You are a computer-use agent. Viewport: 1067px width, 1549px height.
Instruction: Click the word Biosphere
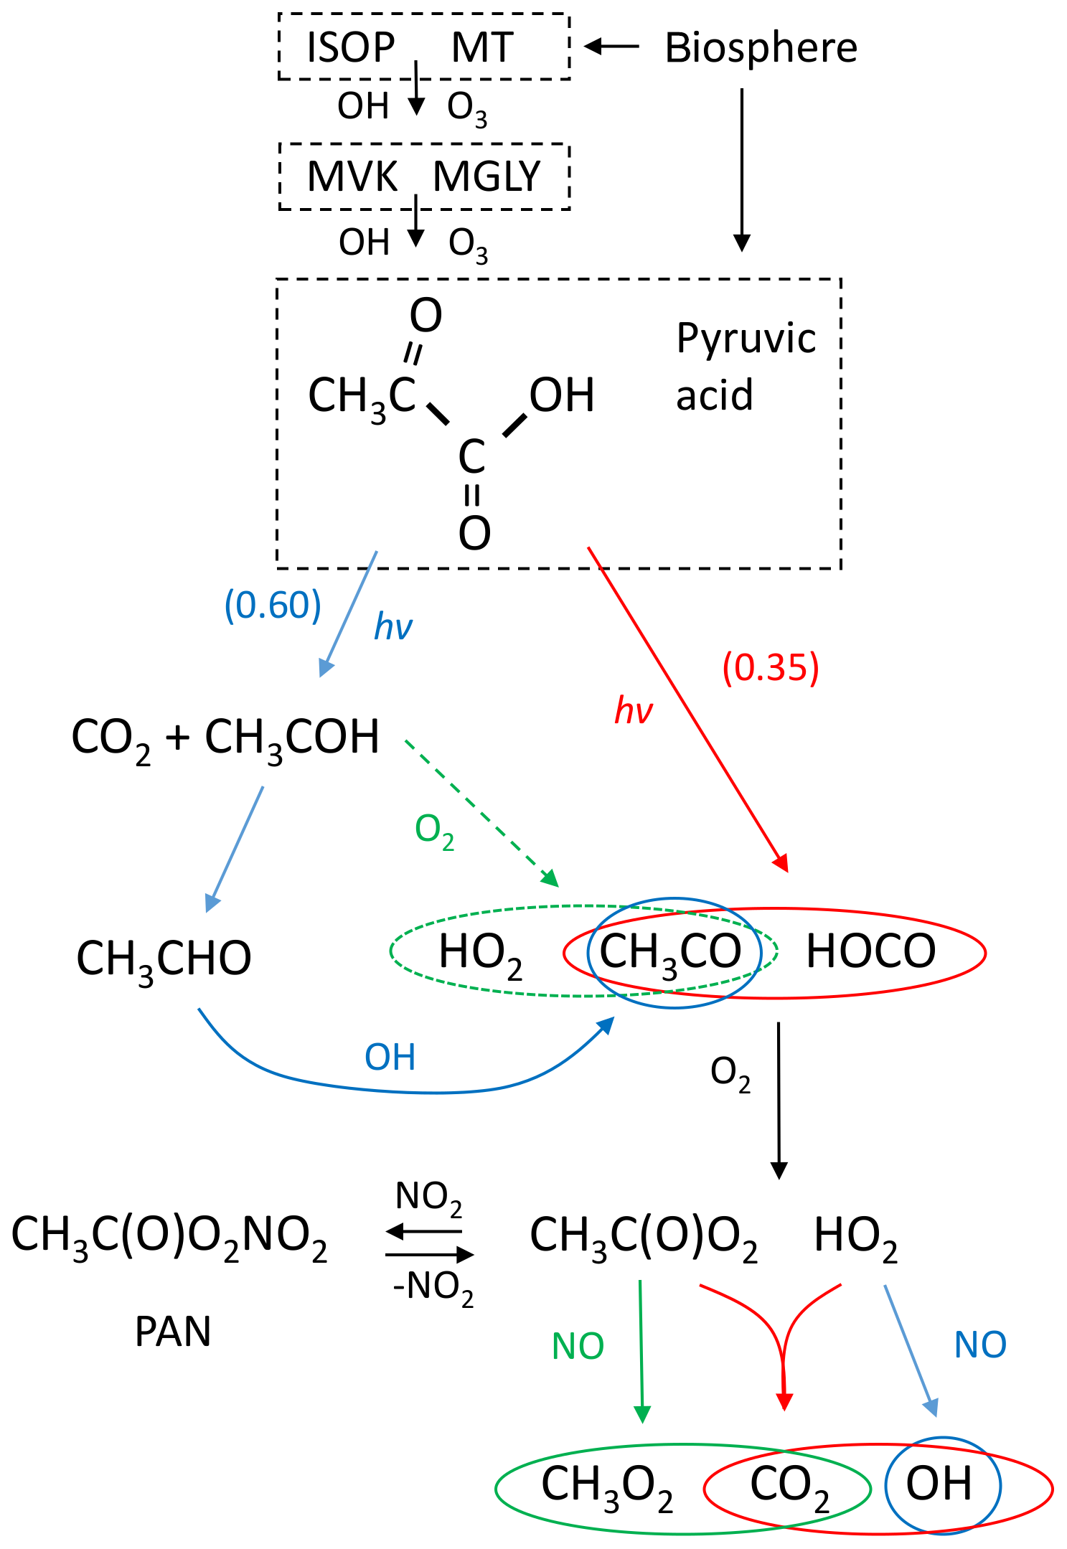coord(761,48)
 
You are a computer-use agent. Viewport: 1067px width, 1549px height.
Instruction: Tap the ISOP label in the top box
coord(351,48)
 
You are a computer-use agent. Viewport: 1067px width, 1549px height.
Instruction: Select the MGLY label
coord(487,176)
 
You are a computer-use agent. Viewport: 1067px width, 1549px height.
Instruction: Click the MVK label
coord(352,176)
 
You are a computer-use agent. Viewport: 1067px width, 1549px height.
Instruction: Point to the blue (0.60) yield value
coord(273,606)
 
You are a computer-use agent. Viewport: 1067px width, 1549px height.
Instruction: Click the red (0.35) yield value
coord(771,667)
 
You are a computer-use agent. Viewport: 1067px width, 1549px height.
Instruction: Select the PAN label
coord(173,1332)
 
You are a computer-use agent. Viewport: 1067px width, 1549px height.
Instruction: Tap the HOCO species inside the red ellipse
coord(870,951)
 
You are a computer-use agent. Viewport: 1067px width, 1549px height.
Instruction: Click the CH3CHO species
coord(164,959)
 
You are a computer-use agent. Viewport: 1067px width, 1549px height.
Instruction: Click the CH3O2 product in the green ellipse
coord(607,1484)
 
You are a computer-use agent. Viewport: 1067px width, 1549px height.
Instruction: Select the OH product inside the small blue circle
coord(939,1484)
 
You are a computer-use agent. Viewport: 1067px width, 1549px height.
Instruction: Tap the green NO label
coord(578,1347)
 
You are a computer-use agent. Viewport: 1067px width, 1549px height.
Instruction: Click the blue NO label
coord(980,1345)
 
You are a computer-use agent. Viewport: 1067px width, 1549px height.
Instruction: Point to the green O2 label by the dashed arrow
coord(435,830)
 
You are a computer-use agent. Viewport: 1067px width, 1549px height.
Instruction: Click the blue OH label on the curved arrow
coord(390,1057)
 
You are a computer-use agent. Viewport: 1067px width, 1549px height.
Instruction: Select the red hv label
coord(634,711)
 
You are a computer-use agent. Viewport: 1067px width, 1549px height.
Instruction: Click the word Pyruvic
coord(746,339)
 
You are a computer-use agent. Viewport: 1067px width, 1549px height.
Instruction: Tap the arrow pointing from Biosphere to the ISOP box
coord(612,47)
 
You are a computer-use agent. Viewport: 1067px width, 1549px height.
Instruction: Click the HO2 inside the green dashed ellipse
coord(480,953)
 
